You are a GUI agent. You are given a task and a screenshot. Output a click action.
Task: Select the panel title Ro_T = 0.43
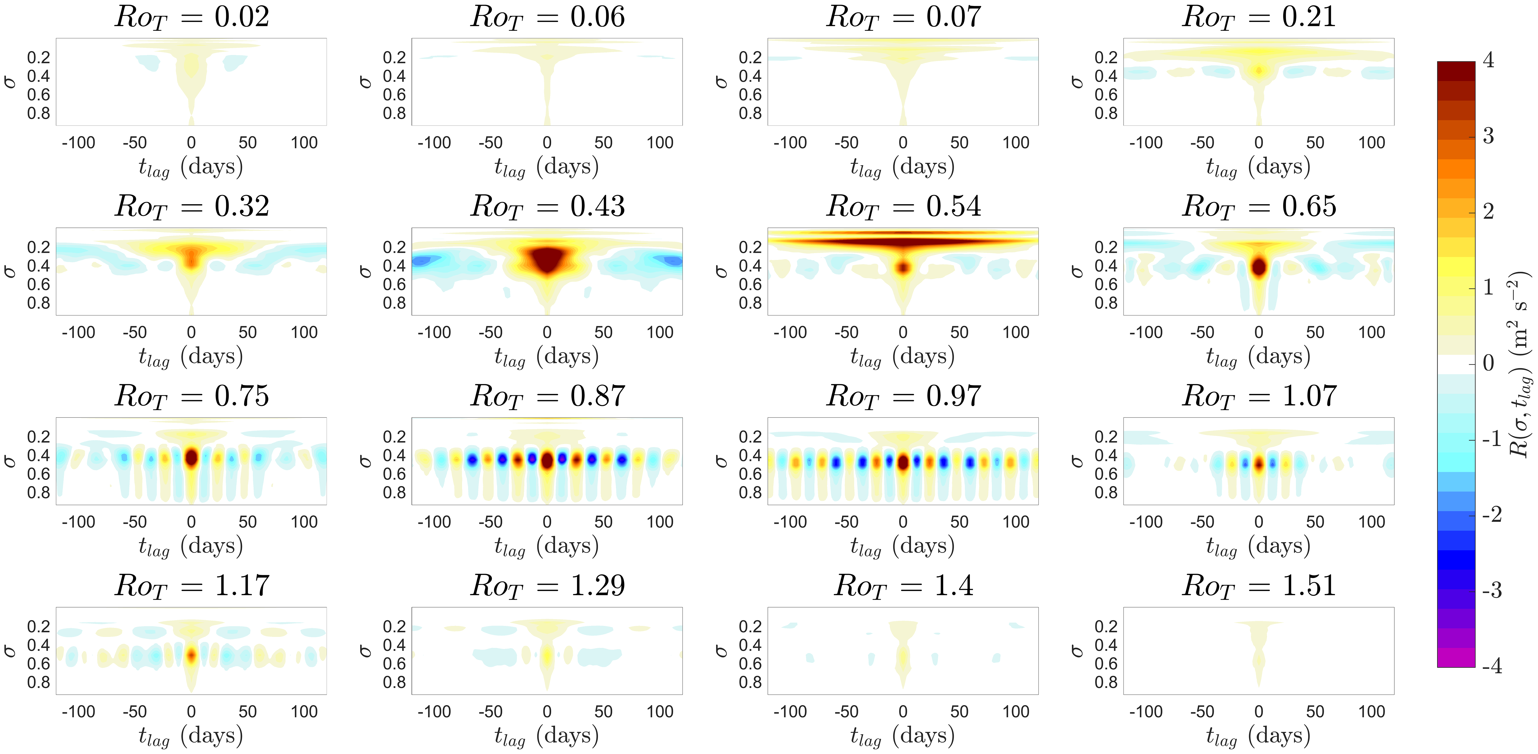coord(548,207)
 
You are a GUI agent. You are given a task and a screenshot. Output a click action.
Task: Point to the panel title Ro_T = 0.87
coord(548,396)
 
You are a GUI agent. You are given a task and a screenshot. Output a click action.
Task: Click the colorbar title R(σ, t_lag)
coord(1520,364)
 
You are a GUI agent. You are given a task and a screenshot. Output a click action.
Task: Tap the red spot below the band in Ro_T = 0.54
coord(903,267)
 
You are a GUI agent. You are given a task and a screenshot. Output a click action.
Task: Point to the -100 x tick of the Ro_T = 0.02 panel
coord(78,143)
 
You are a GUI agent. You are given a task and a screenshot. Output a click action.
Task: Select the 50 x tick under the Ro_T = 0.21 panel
coord(1315,143)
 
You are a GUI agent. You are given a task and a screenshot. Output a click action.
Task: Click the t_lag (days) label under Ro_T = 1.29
coord(546,736)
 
